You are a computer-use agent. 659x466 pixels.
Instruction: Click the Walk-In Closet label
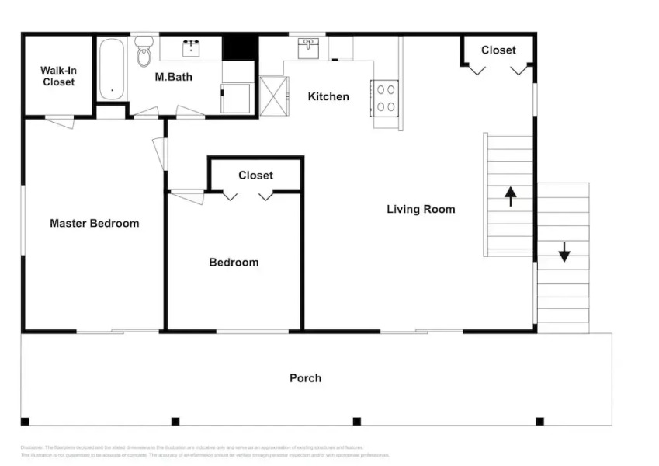pyautogui.click(x=58, y=76)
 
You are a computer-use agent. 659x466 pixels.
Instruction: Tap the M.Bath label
pyautogui.click(x=173, y=77)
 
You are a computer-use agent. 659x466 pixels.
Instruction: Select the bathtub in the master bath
pyautogui.click(x=112, y=68)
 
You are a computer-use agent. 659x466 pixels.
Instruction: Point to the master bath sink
pyautogui.click(x=191, y=49)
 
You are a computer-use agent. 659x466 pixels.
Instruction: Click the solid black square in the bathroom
pyautogui.click(x=239, y=47)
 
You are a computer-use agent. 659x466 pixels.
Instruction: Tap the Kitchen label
pyautogui.click(x=328, y=96)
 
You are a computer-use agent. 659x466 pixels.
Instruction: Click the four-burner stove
pyautogui.click(x=386, y=99)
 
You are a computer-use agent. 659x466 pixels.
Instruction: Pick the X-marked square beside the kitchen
pyautogui.click(x=274, y=96)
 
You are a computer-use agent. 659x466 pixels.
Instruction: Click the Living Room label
pyautogui.click(x=421, y=209)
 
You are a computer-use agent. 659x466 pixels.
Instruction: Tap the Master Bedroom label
pyautogui.click(x=94, y=223)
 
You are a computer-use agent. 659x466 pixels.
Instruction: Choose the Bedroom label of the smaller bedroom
pyautogui.click(x=234, y=263)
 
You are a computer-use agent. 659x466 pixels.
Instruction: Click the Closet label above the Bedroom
pyautogui.click(x=255, y=176)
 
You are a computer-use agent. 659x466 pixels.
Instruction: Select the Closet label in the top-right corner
pyautogui.click(x=498, y=50)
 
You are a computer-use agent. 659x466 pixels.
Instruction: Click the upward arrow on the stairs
pyautogui.click(x=510, y=196)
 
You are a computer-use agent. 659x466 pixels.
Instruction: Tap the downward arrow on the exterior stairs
pyautogui.click(x=564, y=251)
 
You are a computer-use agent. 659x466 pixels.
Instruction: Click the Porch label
pyautogui.click(x=305, y=378)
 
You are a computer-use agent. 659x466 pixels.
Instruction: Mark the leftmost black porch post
pyautogui.click(x=25, y=422)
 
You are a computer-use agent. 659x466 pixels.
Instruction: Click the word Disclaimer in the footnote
pyautogui.click(x=32, y=447)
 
